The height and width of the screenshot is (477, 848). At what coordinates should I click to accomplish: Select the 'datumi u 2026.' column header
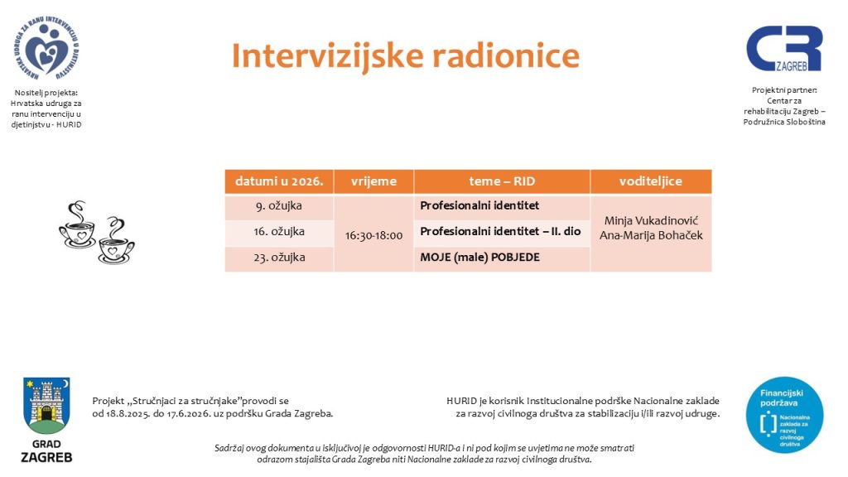tap(279, 181)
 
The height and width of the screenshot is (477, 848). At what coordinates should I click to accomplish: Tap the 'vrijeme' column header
tap(373, 181)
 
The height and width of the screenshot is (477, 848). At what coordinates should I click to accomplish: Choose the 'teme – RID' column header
tap(502, 181)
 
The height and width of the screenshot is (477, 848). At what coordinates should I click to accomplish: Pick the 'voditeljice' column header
tap(651, 181)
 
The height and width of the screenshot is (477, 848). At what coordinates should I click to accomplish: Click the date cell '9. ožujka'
tap(279, 206)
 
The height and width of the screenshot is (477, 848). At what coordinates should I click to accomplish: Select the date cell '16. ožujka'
tap(279, 232)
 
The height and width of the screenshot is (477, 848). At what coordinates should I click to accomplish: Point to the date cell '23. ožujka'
tap(279, 258)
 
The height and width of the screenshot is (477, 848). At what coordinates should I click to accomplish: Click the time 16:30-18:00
tap(373, 236)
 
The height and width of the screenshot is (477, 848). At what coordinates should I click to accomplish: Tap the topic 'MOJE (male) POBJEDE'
tap(479, 258)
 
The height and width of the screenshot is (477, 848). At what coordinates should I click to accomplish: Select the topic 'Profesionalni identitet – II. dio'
tap(500, 232)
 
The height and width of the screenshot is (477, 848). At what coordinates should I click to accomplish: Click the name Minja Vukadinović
tap(651, 220)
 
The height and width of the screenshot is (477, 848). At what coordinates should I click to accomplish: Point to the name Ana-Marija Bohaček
tap(651, 235)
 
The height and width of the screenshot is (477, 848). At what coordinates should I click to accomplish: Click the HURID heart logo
tap(46, 48)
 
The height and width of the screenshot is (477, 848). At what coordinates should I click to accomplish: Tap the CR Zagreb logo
tap(784, 48)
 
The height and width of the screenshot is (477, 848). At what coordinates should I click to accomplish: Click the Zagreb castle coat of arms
tap(46, 406)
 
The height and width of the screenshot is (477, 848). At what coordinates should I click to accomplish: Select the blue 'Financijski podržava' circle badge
tap(784, 415)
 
